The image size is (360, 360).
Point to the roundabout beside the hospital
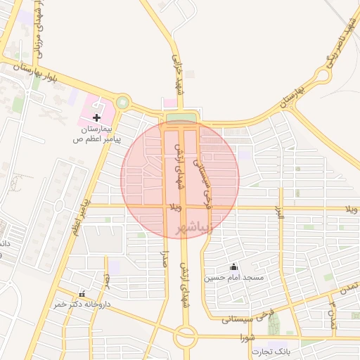123,103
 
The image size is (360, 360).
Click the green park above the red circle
181,117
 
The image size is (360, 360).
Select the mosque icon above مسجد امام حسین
233,266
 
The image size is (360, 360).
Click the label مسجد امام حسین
233,278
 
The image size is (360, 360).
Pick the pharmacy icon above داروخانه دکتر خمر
82,294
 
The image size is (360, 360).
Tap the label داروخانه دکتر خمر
82,304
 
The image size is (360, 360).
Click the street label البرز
280,212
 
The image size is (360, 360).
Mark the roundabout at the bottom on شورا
186,336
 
